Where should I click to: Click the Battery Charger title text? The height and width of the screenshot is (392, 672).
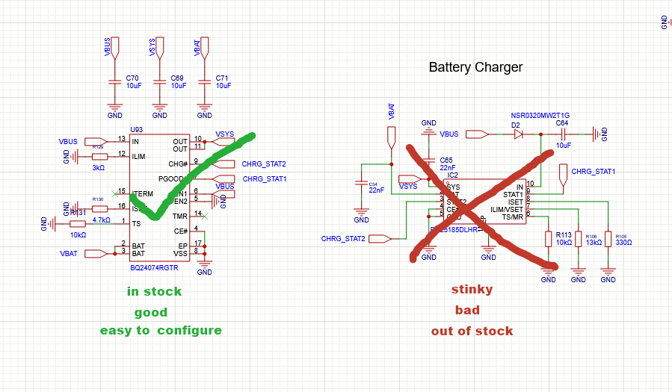(475, 67)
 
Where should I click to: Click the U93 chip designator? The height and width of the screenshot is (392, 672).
(136, 129)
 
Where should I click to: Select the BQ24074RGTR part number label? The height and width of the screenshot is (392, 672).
(154, 267)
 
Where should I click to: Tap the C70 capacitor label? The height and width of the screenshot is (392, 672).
(132, 78)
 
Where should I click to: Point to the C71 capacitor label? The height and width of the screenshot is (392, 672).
(222, 78)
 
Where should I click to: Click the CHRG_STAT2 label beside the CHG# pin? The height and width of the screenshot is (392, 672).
(264, 164)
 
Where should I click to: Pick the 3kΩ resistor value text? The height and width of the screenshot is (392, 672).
(99, 168)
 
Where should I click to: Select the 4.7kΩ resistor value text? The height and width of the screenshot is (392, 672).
(101, 220)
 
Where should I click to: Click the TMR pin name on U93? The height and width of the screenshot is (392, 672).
(179, 216)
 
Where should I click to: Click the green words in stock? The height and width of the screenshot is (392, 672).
(154, 291)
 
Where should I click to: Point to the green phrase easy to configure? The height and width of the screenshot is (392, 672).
(161, 330)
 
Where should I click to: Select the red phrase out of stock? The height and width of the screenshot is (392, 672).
(472, 331)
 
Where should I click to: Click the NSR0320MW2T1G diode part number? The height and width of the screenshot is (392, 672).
(540, 116)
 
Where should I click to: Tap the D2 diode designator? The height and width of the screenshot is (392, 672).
(516, 124)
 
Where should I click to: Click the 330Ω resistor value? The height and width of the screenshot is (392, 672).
(623, 243)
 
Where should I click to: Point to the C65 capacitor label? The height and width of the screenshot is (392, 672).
(446, 160)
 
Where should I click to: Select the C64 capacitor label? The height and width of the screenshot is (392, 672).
(562, 123)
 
